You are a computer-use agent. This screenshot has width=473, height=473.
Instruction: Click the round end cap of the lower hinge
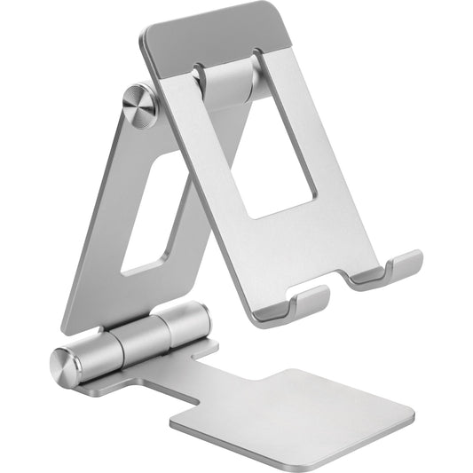click(67, 364)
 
